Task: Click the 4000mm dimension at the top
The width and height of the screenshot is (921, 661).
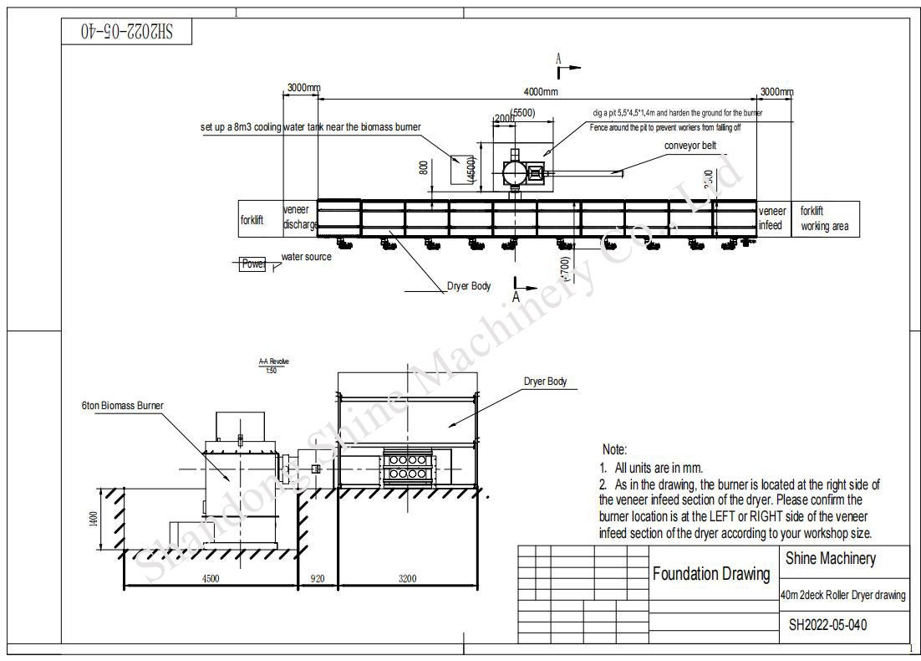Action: (x=540, y=92)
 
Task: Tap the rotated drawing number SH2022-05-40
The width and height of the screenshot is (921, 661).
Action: (x=127, y=32)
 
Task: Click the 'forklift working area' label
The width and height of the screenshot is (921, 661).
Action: (x=823, y=218)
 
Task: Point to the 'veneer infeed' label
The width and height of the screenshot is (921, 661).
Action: (x=771, y=218)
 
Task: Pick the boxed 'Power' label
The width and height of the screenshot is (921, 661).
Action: (x=252, y=264)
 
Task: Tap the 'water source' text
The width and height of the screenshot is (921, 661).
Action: (x=306, y=257)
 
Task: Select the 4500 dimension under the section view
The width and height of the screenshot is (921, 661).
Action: (x=210, y=578)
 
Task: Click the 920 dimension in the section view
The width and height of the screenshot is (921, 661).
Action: (x=318, y=578)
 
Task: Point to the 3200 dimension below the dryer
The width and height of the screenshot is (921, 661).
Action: (x=407, y=578)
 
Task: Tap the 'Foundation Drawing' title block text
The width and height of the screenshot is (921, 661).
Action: (x=711, y=574)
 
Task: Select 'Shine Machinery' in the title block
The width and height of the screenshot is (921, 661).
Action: (x=831, y=558)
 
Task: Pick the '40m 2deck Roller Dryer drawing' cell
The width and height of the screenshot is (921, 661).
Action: (x=842, y=595)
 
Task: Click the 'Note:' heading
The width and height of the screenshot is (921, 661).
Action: (x=614, y=450)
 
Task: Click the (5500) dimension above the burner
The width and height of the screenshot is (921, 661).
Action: (x=522, y=112)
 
